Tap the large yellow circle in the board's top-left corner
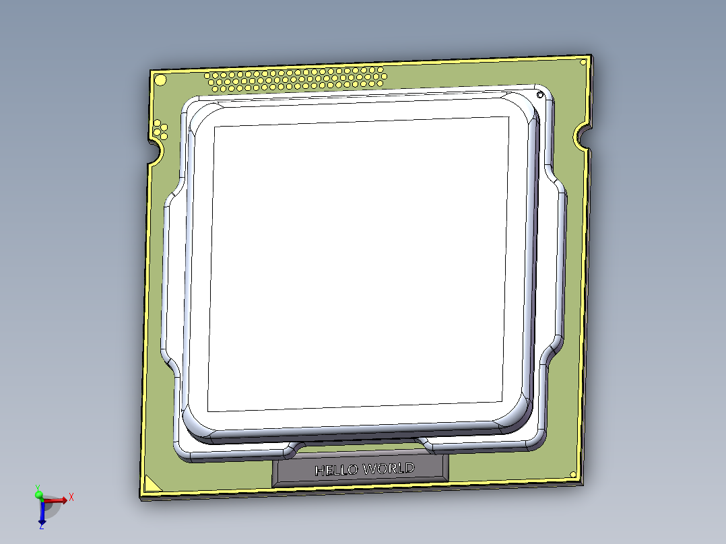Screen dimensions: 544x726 pos(160,81)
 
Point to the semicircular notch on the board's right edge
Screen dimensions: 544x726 pos(583,138)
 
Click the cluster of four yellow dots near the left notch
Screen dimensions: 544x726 pos(160,129)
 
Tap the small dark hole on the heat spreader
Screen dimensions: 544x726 pos(540,95)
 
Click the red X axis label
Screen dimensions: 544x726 pos(71,496)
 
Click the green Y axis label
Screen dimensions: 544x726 pos(38,487)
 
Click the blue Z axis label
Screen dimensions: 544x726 pos(42,526)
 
